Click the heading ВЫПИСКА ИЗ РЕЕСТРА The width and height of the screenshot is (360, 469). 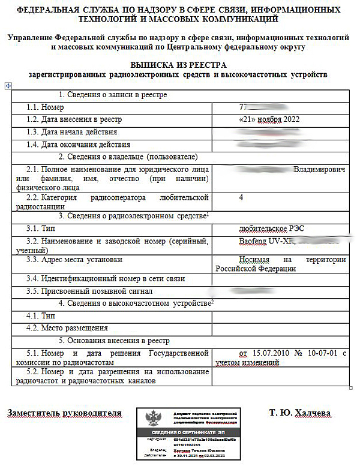(x=178, y=64)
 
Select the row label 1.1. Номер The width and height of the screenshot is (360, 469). (x=45, y=107)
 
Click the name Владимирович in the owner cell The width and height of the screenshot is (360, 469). (x=319, y=170)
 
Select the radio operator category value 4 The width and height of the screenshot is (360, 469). (x=241, y=197)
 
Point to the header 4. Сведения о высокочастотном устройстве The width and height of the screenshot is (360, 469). (x=136, y=303)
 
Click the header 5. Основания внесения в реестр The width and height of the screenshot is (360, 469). (x=119, y=340)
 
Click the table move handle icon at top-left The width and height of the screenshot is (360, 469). (x=7, y=86)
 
